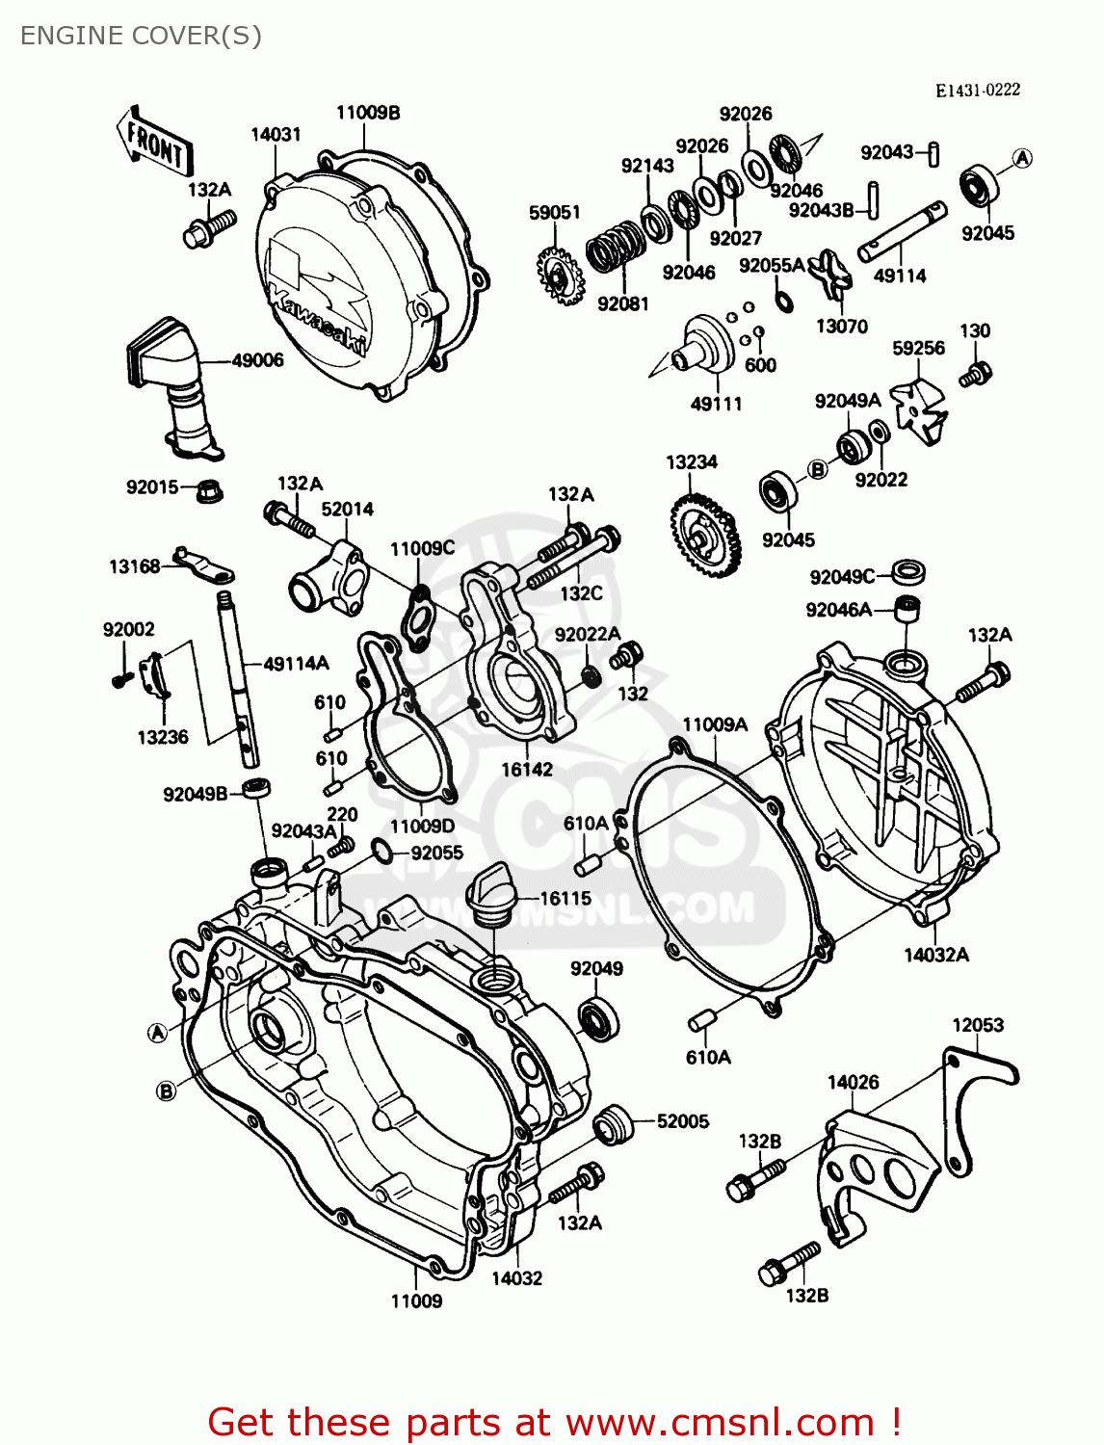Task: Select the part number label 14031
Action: [x=276, y=134]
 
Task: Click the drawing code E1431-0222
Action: [x=977, y=90]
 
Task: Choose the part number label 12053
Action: [x=978, y=1025]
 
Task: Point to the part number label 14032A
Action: [x=935, y=955]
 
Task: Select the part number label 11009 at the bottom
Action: [x=416, y=1300]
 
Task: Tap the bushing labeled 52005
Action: [x=613, y=1124]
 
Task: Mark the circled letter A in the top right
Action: [x=1022, y=158]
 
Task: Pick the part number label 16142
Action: [x=527, y=769]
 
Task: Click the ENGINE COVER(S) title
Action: [x=141, y=36]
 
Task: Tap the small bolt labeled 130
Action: [x=977, y=373]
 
